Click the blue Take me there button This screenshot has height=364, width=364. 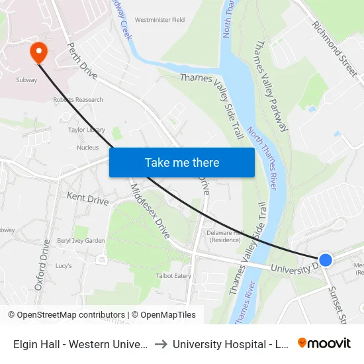[181, 162]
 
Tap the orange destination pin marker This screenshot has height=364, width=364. [38, 52]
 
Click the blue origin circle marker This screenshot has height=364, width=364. [325, 260]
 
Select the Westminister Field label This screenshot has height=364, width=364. [159, 20]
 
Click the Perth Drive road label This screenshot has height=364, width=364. [83, 61]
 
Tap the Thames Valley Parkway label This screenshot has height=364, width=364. [271, 85]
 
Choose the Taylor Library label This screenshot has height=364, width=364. [87, 130]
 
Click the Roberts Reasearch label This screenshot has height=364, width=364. [78, 100]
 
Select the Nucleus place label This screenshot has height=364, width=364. [87, 148]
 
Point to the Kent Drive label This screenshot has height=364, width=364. [87, 199]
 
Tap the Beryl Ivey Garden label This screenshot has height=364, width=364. [81, 241]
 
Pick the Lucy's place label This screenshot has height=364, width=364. [64, 265]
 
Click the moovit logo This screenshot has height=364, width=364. [324, 343]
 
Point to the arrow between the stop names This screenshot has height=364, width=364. [161, 343]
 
